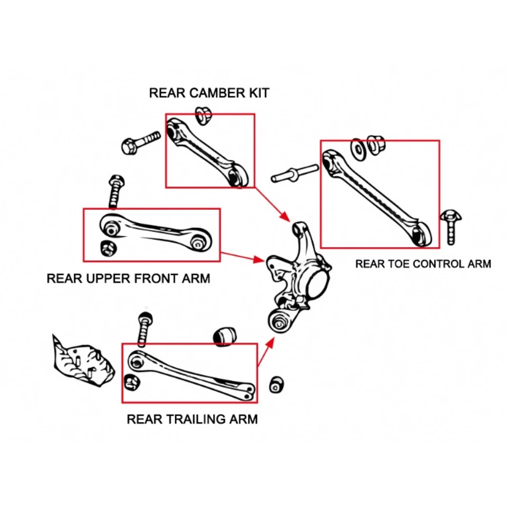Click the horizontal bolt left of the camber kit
(x=140, y=142)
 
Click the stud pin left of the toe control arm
(x=294, y=173)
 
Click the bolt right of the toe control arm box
(x=450, y=226)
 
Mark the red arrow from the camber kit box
(x=272, y=204)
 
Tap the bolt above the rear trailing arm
(x=144, y=329)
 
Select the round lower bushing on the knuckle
(x=279, y=320)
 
